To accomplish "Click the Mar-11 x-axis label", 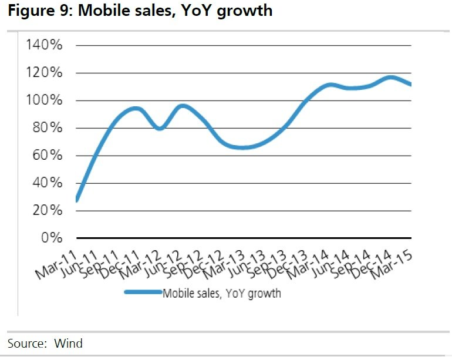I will [57, 262].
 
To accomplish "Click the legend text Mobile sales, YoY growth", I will [221, 293].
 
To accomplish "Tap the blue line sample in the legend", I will [142, 292].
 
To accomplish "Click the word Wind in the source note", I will [69, 343].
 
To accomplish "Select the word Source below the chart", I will [26, 343].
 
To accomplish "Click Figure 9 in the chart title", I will [39, 11].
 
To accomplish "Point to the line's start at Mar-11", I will [77, 200].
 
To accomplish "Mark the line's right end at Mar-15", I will [410, 85].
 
